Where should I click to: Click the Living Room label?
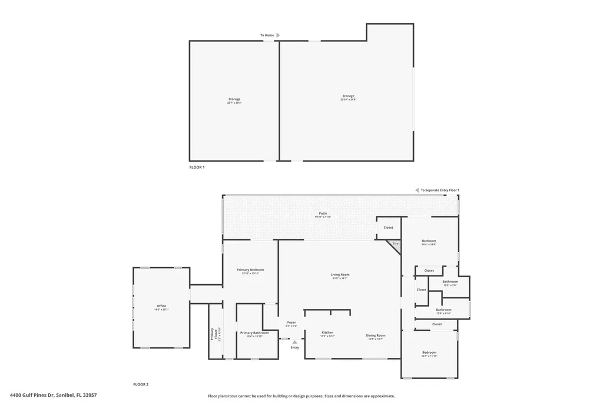340,275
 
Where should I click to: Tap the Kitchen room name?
327,332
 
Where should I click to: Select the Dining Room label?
375,335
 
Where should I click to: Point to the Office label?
161,306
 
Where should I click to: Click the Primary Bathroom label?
254,333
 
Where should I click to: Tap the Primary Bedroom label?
250,270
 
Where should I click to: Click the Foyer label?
291,322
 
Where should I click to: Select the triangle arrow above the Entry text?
294,342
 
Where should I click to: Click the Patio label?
323,213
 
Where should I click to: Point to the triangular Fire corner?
395,243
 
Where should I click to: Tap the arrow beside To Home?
278,35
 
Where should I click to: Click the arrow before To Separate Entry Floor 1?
416,190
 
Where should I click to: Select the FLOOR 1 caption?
197,167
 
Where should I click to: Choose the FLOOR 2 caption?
140,384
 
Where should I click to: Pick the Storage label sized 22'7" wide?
234,99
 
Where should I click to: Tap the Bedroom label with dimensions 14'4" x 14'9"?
429,241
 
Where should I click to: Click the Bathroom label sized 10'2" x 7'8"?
450,282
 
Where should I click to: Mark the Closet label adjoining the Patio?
388,228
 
